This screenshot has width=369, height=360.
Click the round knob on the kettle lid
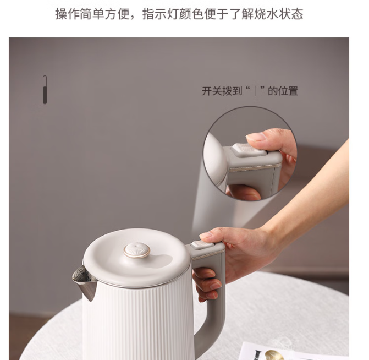(137, 250)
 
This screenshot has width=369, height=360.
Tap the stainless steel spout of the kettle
(85, 281)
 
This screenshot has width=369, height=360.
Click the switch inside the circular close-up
(250, 149)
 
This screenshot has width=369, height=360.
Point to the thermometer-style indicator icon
(45, 90)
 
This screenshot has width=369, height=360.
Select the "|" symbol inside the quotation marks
(255, 91)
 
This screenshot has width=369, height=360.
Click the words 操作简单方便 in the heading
(92, 14)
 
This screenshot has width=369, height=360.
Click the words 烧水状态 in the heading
(279, 14)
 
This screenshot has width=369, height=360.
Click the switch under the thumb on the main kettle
(202, 245)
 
